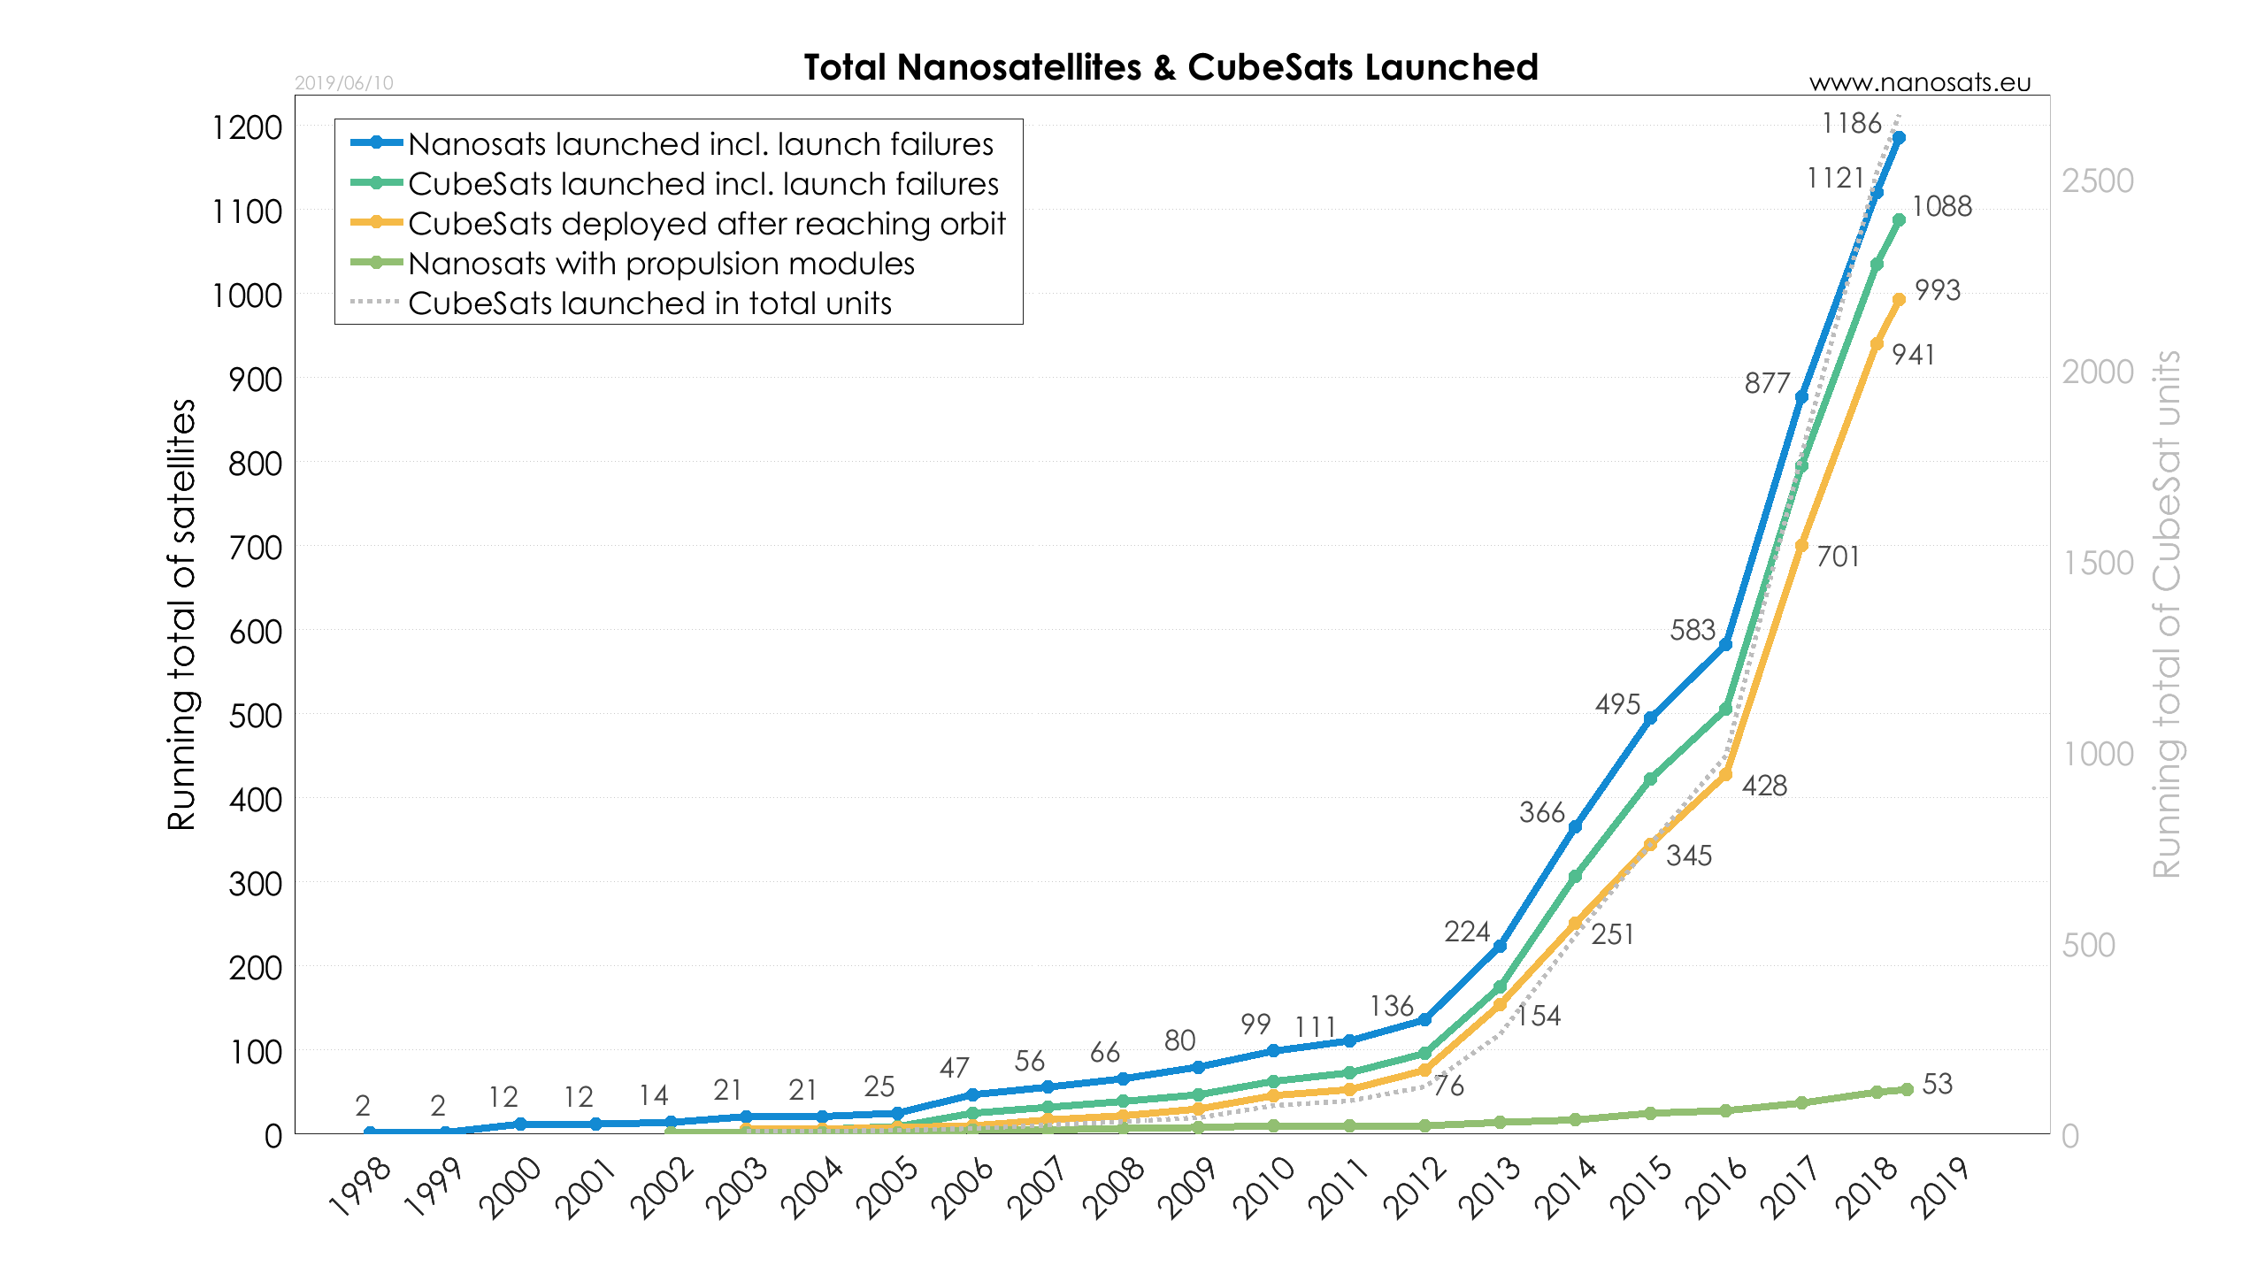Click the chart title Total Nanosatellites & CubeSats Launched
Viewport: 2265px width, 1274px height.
[x=1171, y=67]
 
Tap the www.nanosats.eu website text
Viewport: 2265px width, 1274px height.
[x=1920, y=82]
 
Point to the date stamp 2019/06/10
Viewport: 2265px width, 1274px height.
[x=344, y=83]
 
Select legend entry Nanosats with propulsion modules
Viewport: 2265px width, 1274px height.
[x=661, y=264]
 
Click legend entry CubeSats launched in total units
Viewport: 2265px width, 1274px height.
[x=649, y=303]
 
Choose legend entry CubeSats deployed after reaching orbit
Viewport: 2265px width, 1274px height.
[x=706, y=224]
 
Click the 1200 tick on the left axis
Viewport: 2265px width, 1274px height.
[x=247, y=127]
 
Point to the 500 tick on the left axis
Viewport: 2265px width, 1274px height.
[x=255, y=716]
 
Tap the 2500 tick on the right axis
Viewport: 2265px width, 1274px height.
[x=2098, y=181]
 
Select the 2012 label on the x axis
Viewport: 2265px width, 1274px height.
[x=1415, y=1188]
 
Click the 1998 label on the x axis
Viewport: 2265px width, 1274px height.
[x=359, y=1188]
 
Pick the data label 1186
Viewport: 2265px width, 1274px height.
[x=1851, y=123]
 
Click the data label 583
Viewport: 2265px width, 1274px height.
[x=1693, y=630]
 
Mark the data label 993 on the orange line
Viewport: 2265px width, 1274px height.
[x=1938, y=290]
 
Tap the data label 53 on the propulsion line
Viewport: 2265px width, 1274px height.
[x=1938, y=1084]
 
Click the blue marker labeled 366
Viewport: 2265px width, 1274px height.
[x=1575, y=827]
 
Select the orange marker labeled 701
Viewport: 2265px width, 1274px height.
[x=1801, y=546]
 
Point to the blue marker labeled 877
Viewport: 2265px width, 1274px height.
[x=1801, y=397]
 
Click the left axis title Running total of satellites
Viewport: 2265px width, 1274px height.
[x=181, y=614]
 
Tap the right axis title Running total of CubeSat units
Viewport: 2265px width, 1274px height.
[x=2167, y=614]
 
